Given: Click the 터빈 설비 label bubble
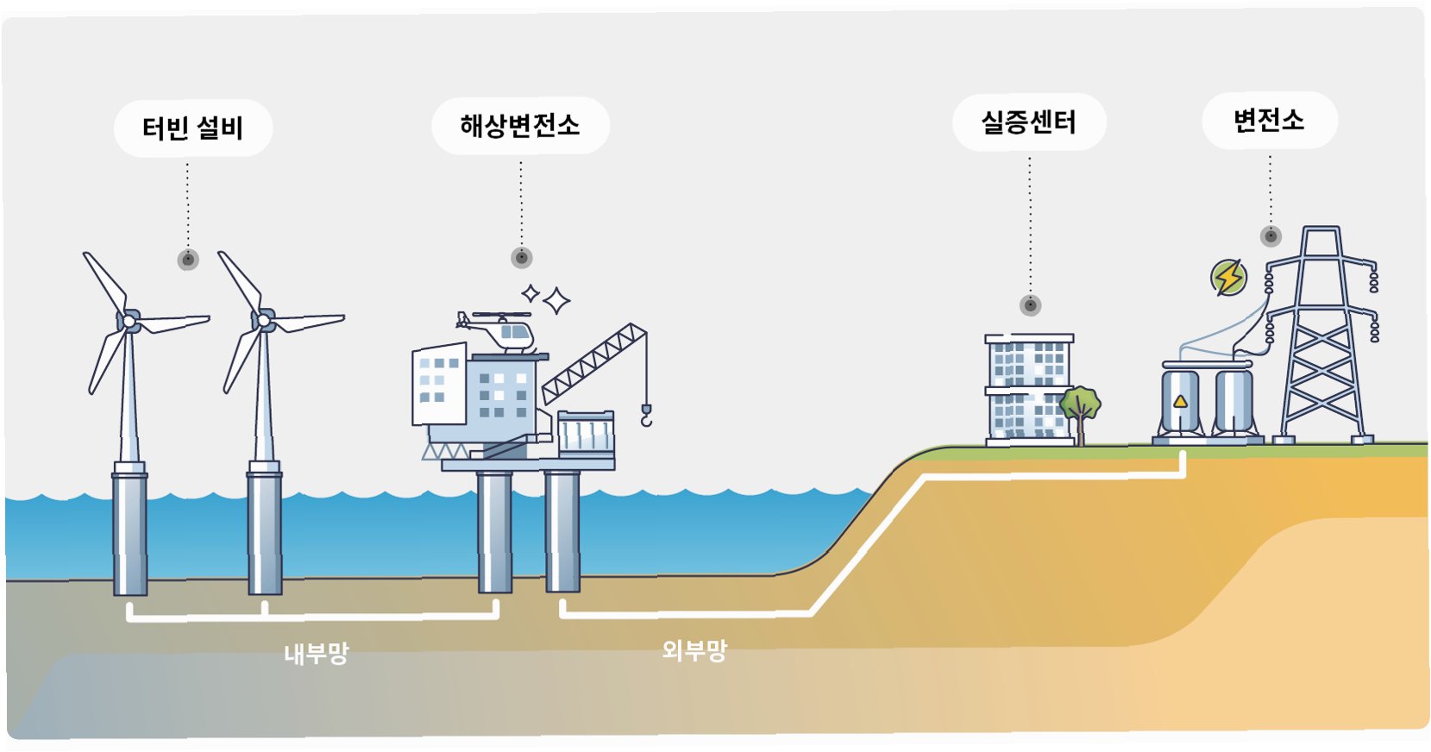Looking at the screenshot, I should click(x=192, y=128).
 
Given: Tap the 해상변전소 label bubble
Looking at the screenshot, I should click(x=519, y=126).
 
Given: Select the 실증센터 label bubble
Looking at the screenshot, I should click(x=1028, y=122).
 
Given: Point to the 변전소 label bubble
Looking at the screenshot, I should click(x=1268, y=120).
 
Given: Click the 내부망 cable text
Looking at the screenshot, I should click(x=316, y=654).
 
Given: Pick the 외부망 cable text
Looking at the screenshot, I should click(x=694, y=650).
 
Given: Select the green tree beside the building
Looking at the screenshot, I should click(x=1080, y=405).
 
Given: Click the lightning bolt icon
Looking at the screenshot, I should click(x=1228, y=278).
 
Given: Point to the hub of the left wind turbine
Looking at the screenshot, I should click(x=129, y=321).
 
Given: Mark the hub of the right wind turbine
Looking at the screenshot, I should click(x=263, y=321).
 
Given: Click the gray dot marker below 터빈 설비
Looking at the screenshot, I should click(x=188, y=260).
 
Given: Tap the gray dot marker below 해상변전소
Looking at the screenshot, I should click(x=521, y=257).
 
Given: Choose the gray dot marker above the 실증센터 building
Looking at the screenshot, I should click(x=1030, y=305).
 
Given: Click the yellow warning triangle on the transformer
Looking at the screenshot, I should click(x=1180, y=401).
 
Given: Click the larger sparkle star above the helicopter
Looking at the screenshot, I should click(x=556, y=301).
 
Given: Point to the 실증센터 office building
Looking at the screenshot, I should click(x=1028, y=388).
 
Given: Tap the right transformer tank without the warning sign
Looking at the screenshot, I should click(x=1233, y=401).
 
